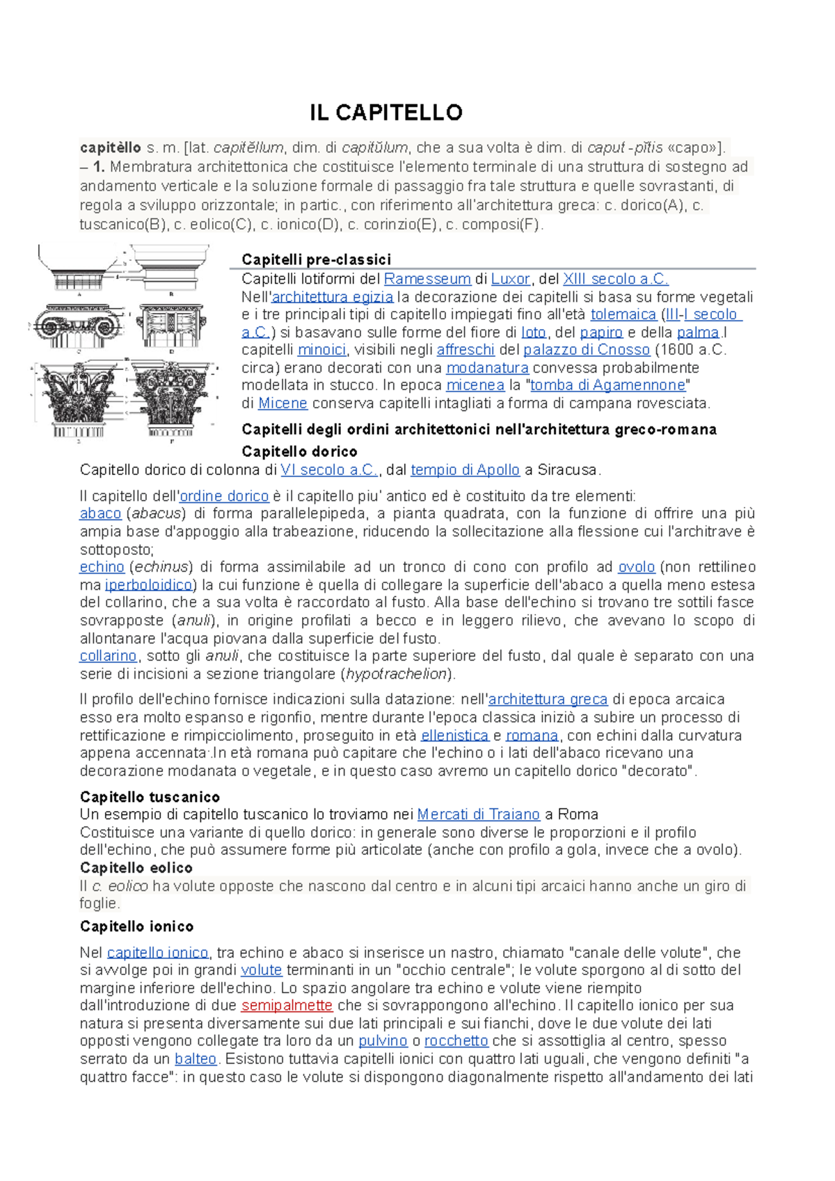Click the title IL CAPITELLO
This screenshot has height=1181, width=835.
pos(386,113)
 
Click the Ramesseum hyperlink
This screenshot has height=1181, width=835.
pos(427,279)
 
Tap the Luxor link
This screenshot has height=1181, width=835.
pos(510,279)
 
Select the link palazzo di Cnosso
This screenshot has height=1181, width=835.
pos(586,350)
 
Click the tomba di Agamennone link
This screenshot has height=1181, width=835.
pos(608,385)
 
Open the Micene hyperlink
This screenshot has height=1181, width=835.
pos(283,403)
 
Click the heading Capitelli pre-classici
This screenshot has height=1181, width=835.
pos(317,259)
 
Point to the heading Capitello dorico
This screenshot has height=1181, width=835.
pos(299,451)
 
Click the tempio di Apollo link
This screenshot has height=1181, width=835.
pos(465,470)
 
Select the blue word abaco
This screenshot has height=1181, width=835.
pos(100,513)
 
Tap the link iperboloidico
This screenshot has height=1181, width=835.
pos(148,585)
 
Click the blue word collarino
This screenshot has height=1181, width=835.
pos(108,656)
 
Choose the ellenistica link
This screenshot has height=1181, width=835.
pos(454,735)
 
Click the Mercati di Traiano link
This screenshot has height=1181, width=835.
pos(478,814)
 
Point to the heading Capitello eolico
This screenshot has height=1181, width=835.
pos(136,868)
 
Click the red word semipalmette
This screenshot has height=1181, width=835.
pos(287,1006)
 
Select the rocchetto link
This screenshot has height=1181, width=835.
pos(456,1041)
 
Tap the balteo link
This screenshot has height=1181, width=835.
pos(196,1059)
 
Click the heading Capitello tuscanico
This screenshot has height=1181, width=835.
pos(150,797)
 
